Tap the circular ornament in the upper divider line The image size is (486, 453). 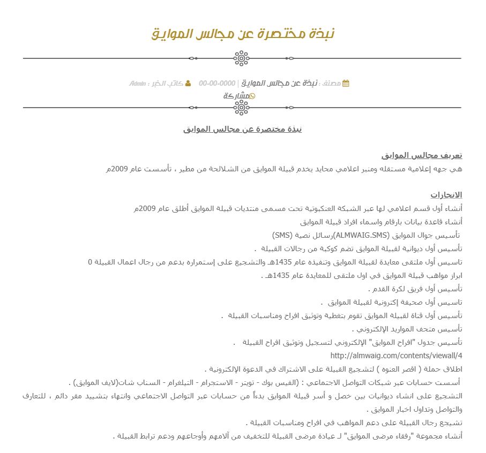[x=242, y=58]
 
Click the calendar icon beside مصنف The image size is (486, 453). [x=346, y=84]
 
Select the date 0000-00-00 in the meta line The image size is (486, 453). [x=217, y=84]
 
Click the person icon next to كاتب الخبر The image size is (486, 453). [x=188, y=84]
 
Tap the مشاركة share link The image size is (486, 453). [x=236, y=96]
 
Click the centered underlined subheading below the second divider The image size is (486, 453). [x=243, y=129]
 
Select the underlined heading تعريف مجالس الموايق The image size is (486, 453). [x=422, y=155]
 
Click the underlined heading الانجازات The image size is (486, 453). [x=446, y=194]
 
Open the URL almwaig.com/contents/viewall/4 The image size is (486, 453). [x=396, y=356]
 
